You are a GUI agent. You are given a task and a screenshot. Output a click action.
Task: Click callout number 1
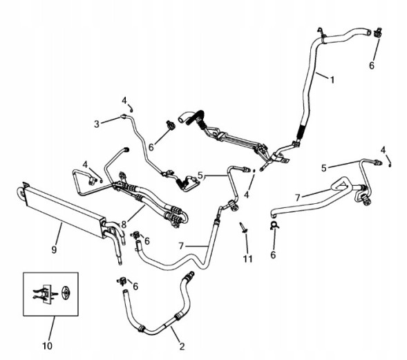(332, 79)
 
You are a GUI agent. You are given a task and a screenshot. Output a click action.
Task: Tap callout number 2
(182, 346)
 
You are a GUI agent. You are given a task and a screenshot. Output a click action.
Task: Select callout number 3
(97, 124)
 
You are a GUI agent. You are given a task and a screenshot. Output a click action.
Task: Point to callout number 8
(124, 225)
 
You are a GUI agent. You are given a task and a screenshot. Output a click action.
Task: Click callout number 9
(54, 249)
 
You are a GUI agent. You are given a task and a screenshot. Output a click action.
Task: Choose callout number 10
(47, 345)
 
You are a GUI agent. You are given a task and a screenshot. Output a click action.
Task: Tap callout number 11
(247, 258)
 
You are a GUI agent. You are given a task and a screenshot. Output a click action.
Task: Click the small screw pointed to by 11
(243, 227)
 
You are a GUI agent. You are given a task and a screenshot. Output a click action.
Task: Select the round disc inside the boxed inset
(66, 293)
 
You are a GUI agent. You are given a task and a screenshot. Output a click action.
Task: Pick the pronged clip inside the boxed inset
(45, 294)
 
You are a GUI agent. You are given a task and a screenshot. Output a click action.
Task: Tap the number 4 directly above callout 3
(124, 100)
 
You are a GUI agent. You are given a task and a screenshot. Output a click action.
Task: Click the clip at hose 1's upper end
(378, 32)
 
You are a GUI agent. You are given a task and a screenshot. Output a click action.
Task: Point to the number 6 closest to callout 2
(135, 287)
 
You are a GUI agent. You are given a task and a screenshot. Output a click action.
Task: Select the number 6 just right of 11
(273, 255)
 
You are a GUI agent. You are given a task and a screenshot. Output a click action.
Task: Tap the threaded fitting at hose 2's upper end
(189, 275)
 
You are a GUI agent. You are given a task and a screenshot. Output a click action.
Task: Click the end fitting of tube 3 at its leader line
(124, 116)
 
